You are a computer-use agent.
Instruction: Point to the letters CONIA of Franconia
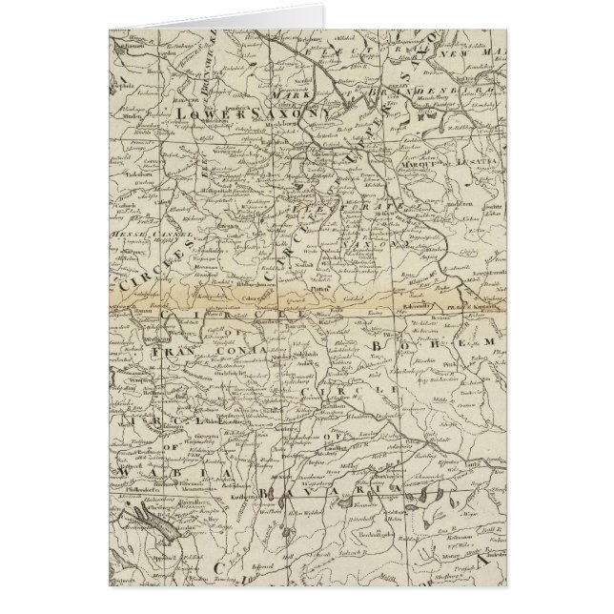coord(240,350)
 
